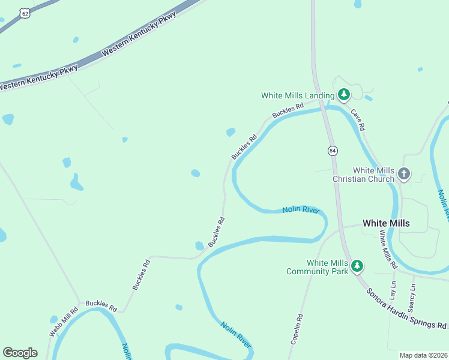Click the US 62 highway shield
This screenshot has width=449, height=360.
(24, 13)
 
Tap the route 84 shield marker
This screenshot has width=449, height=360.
(333, 150)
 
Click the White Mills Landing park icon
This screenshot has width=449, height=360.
(343, 94)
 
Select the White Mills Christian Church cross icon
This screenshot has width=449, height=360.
(404, 174)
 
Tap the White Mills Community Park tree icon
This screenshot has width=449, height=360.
(357, 265)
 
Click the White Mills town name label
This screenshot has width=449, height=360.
(386, 223)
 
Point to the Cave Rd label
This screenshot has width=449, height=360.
(358, 120)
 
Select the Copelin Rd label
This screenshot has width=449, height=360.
(297, 329)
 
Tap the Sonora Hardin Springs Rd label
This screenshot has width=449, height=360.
(407, 308)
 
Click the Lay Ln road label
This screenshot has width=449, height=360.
(393, 290)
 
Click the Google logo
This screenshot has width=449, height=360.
(20, 353)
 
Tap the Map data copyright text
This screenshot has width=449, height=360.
(424, 355)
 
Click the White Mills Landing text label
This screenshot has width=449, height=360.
(298, 95)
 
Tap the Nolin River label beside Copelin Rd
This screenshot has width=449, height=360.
(235, 334)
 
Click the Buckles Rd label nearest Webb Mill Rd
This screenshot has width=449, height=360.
(101, 306)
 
